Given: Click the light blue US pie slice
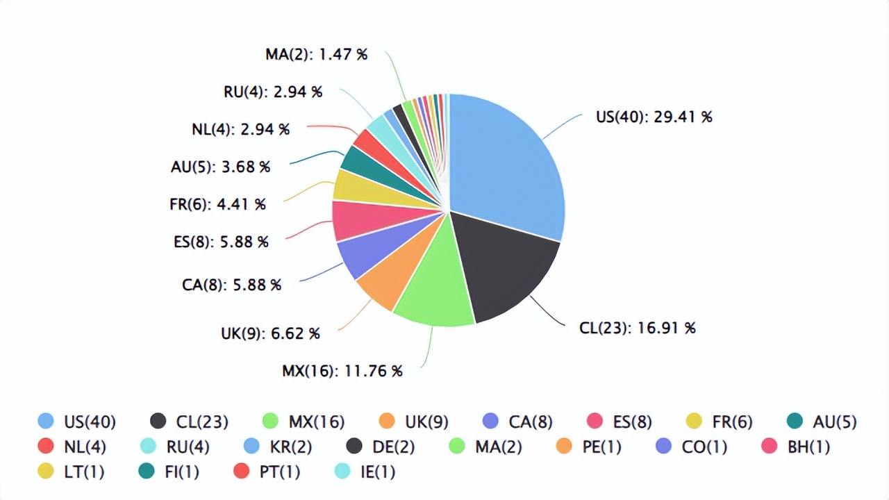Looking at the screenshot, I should [507, 167].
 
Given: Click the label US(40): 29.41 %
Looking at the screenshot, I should [654, 117].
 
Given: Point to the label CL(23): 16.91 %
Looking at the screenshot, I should [637, 328].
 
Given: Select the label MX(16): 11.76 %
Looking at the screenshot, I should [342, 371].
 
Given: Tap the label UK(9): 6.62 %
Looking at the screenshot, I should [270, 333].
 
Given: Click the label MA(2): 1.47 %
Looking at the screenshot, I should [316, 54].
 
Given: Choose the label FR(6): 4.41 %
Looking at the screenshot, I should [217, 204].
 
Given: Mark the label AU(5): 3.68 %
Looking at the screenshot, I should [220, 167].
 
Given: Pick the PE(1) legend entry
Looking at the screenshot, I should [590, 447].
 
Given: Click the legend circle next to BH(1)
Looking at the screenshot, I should [769, 446].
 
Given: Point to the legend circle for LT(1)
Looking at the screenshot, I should [46, 471].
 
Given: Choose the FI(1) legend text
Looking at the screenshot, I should [183, 472].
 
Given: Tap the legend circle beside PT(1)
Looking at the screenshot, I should [241, 471].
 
